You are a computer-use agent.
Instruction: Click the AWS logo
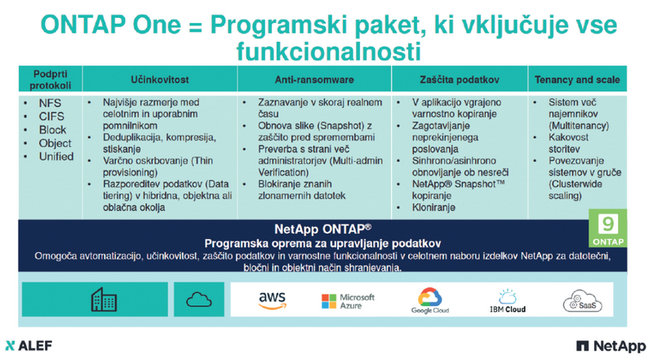tap(273, 300)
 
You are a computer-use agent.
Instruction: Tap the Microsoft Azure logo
tap(349, 301)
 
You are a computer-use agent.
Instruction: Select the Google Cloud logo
tap(430, 300)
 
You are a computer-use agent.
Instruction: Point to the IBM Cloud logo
tap(507, 301)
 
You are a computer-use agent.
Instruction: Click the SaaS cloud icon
tap(582, 301)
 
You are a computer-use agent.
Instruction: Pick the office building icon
tap(104, 299)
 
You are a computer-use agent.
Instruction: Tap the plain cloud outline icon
tap(198, 299)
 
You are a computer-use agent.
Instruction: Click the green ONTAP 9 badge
tap(607, 228)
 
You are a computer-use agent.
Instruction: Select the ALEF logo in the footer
tap(29, 345)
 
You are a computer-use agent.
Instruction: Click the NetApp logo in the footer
tap(611, 346)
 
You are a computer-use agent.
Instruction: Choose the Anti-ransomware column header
tap(314, 79)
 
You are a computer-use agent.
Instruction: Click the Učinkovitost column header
tap(160, 79)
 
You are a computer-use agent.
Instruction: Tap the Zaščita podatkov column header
tap(460, 79)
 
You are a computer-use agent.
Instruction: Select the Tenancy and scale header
tap(577, 79)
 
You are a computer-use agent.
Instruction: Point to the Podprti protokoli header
tap(51, 79)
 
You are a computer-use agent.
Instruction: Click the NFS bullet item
tap(50, 103)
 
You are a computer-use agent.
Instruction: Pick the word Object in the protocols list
tap(56, 143)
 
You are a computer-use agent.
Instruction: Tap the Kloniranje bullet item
tap(433, 207)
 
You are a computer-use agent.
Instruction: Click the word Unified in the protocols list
tap(56, 156)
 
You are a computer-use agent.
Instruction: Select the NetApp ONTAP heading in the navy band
tap(322, 229)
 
